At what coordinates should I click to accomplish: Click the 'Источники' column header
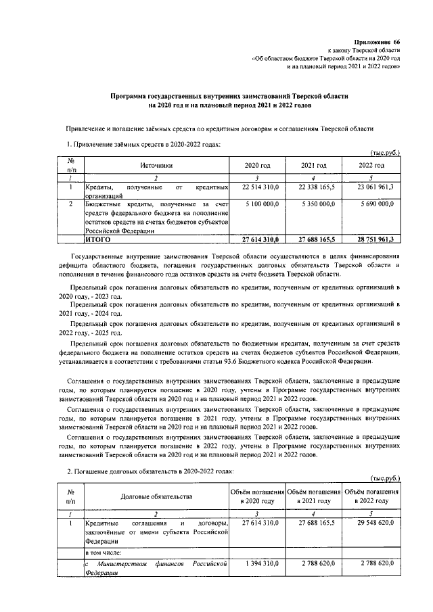pyautogui.click(x=157, y=166)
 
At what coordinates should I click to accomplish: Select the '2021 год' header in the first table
pyautogui.click(x=314, y=166)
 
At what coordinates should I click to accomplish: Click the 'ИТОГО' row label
pyautogui.click(x=98, y=239)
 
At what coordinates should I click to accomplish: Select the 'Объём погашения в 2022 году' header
pyautogui.click(x=371, y=496)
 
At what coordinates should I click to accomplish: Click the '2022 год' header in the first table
pyautogui.click(x=371, y=166)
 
